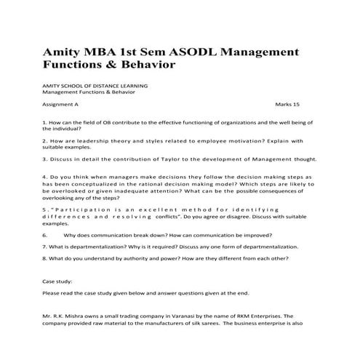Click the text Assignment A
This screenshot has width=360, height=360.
tap(61, 105)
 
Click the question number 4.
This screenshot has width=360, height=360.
tap(45, 177)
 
